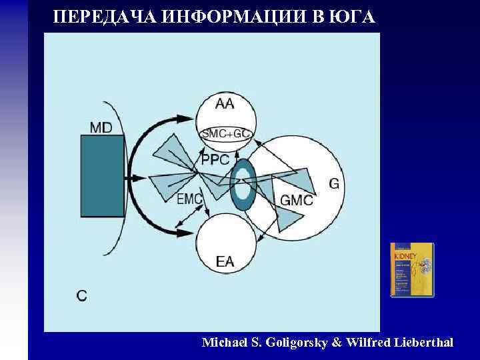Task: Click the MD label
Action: [101, 127]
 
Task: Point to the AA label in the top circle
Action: [225, 104]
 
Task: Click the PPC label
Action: [215, 161]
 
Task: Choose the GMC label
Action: [297, 199]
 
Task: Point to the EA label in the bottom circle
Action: [225, 262]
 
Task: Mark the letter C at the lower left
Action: [81, 295]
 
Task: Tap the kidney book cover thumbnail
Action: [411, 270]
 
